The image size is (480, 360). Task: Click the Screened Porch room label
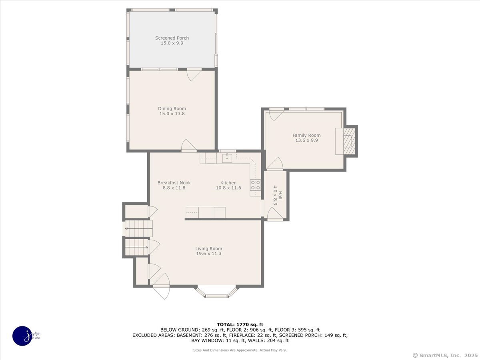[x=172, y=38]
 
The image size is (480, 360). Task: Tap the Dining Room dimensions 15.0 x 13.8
[x=172, y=114]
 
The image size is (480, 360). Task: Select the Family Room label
[x=306, y=135]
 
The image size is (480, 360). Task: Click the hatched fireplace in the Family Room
[x=349, y=141]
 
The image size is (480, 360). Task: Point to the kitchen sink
[x=227, y=158]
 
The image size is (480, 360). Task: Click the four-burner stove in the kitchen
[x=256, y=185]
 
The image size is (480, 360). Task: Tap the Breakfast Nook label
[x=174, y=183]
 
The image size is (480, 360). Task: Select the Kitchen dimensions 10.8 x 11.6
[x=228, y=188]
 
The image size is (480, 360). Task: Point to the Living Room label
[x=209, y=248]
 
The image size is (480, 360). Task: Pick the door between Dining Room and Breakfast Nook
[x=189, y=145]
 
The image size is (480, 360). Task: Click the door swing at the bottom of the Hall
[x=275, y=213]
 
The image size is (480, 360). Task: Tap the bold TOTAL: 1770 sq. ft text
[x=240, y=324]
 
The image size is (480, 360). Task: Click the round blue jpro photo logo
[x=23, y=336]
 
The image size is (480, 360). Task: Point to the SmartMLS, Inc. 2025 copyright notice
[x=445, y=356]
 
